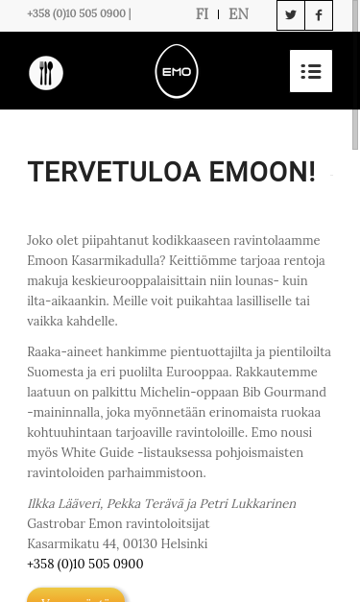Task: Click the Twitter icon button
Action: [x=291, y=15]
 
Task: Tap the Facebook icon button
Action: [x=319, y=15]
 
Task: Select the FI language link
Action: [x=202, y=14]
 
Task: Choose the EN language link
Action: [x=238, y=14]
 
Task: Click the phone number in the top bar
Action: [x=77, y=14]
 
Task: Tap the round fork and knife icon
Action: [x=46, y=73]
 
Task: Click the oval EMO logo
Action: [x=177, y=71]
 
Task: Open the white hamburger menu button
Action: [x=310, y=71]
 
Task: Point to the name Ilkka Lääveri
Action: [x=63, y=504]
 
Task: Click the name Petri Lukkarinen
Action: [x=247, y=504]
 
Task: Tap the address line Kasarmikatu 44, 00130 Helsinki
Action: [x=117, y=544]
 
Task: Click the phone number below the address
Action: [x=84, y=565]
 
